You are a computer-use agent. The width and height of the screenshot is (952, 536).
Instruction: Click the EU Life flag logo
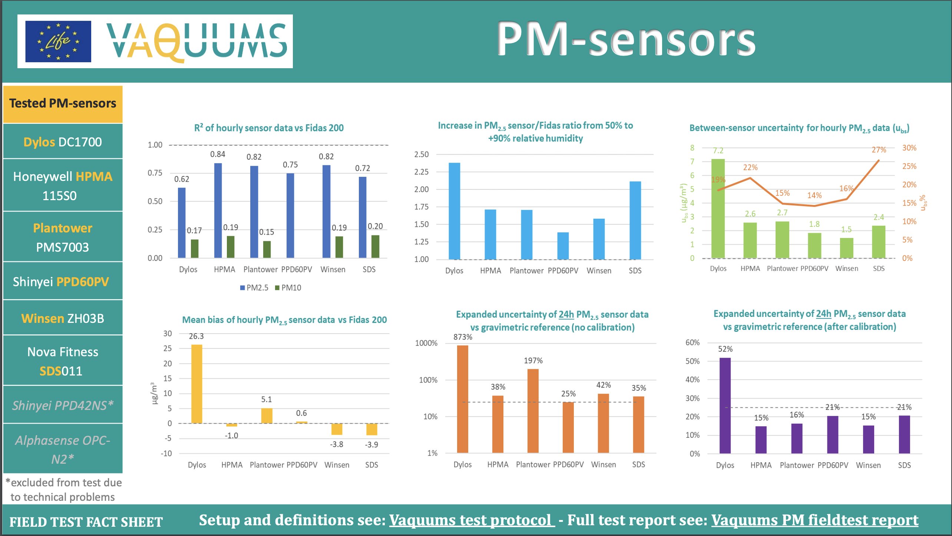click(58, 41)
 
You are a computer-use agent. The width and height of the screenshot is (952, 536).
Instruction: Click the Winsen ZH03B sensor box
click(63, 318)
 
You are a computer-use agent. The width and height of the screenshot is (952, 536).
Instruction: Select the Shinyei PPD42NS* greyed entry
click(63, 405)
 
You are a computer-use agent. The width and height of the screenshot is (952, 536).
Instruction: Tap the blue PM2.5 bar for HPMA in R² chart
click(218, 211)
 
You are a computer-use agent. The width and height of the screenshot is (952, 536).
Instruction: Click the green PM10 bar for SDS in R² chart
click(375, 247)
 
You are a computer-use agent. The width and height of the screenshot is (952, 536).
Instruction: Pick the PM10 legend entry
click(288, 288)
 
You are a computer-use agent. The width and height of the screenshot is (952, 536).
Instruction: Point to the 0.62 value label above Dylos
click(182, 179)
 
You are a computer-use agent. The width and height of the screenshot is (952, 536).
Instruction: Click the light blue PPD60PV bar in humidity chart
click(563, 246)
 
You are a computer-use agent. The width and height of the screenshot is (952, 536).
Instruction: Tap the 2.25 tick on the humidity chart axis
click(422, 172)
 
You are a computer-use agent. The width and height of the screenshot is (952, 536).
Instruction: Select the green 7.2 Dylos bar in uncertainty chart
click(718, 208)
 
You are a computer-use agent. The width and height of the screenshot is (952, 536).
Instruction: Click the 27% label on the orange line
click(879, 150)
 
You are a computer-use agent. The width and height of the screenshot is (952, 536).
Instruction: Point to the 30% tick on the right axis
click(909, 148)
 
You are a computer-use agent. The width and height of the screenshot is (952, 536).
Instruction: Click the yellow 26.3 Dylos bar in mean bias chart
click(196, 384)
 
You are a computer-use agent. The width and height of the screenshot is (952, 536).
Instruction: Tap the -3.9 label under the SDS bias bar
click(371, 444)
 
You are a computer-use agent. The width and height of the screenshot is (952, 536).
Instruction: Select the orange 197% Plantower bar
click(533, 411)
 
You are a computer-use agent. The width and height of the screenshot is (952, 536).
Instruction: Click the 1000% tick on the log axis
click(426, 343)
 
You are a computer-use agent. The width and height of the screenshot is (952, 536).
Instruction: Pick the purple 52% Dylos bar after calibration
click(725, 406)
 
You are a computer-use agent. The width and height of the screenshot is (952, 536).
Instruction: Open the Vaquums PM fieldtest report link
click(814, 520)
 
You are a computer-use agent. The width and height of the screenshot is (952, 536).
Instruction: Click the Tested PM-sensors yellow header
click(63, 103)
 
